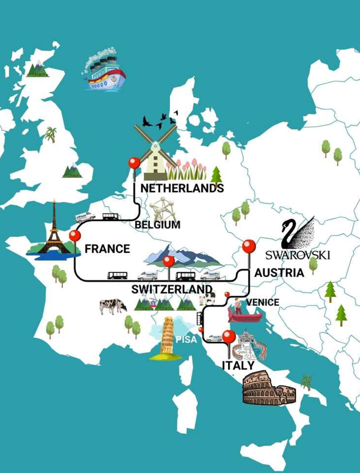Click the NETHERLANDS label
(182, 188)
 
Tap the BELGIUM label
(157, 225)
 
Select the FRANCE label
(107, 249)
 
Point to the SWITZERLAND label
(172, 289)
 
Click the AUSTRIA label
(279, 273)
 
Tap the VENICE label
(262, 302)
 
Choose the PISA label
(186, 339)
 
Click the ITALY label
(238, 365)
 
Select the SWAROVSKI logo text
(298, 255)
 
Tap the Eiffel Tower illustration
(53, 230)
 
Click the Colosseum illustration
(269, 389)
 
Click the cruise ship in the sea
(104, 72)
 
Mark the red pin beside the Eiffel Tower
(75, 236)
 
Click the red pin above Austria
(249, 247)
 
